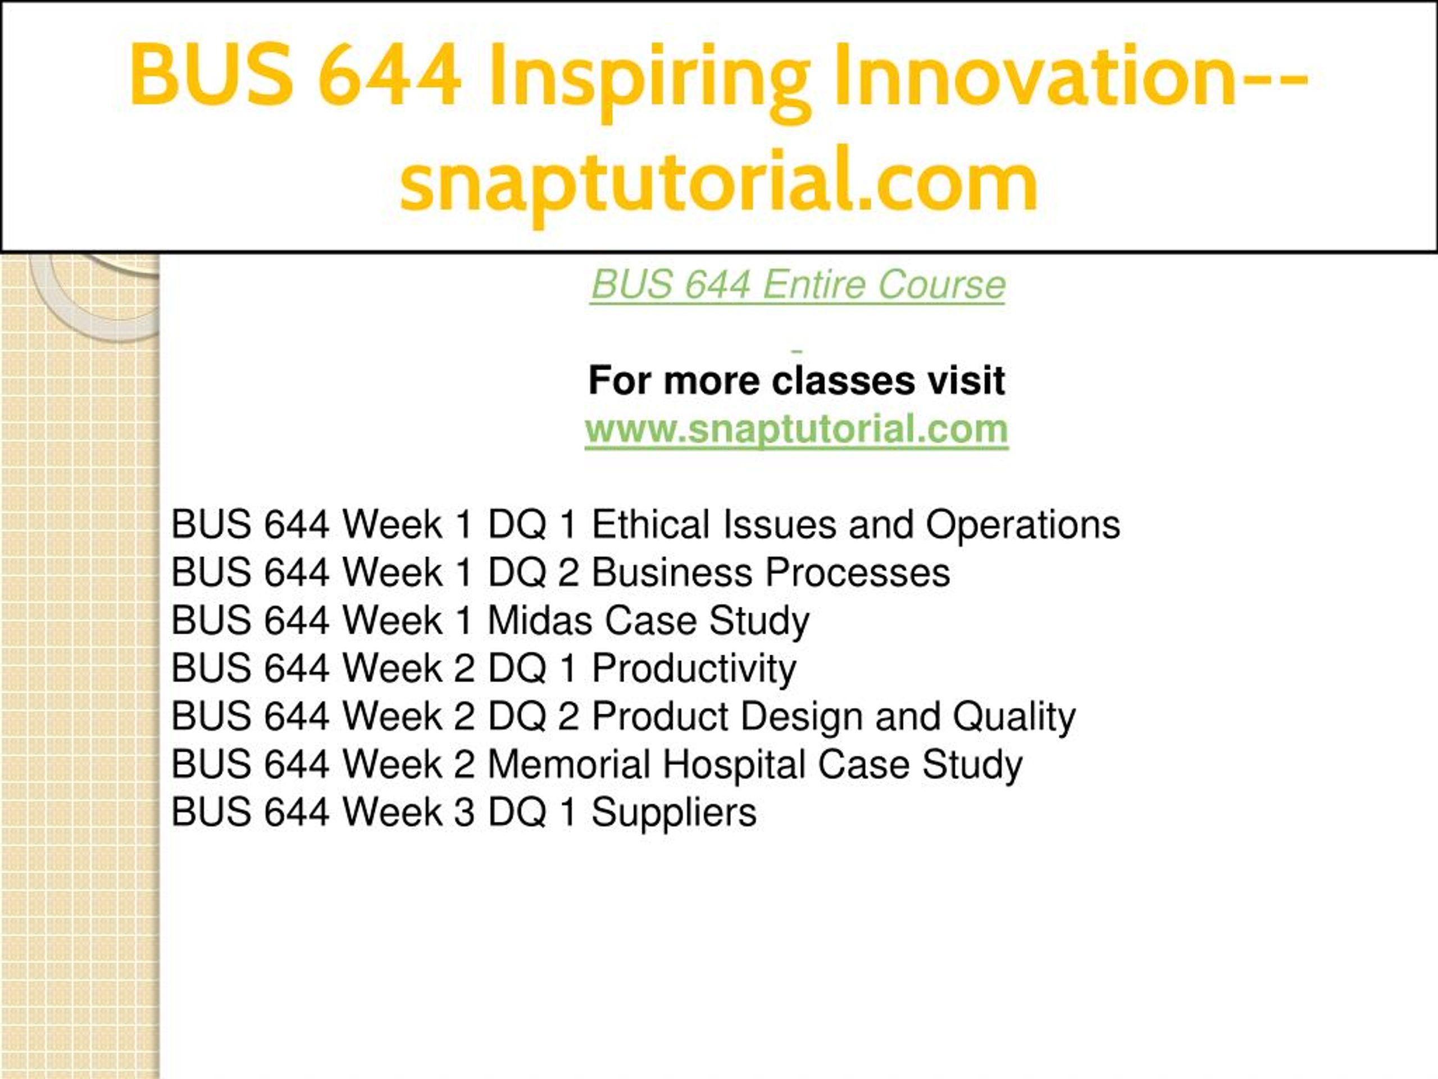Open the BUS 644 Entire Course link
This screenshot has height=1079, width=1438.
pos(798,284)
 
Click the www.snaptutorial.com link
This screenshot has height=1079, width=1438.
pos(797,429)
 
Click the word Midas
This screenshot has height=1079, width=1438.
pos(540,620)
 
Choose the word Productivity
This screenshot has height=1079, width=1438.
pos(694,669)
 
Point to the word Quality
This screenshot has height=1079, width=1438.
pos(1014,717)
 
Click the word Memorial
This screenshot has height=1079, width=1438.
pos(569,764)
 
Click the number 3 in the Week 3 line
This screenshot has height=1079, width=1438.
pos(464,812)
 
